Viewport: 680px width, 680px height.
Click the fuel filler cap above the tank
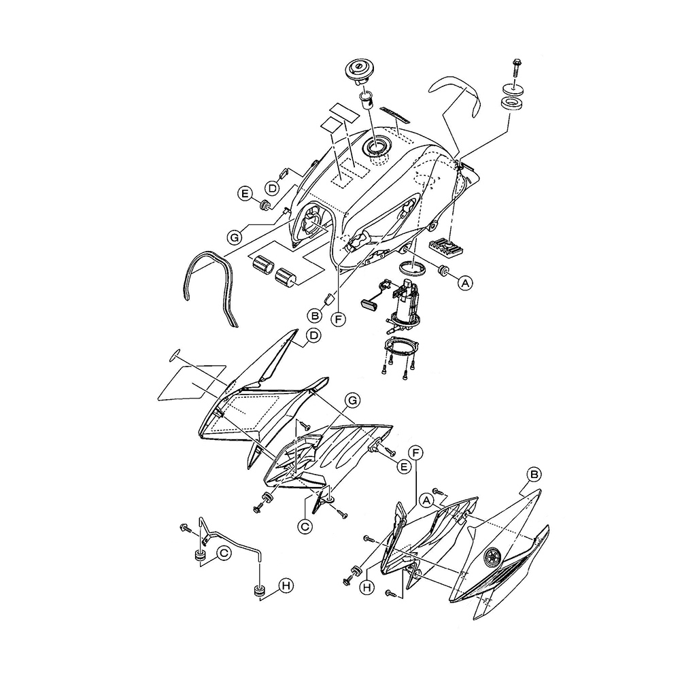(x=358, y=70)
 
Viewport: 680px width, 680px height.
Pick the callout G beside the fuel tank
(x=235, y=237)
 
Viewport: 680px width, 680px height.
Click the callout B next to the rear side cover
(x=535, y=473)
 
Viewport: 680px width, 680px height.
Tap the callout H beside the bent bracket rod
(x=288, y=585)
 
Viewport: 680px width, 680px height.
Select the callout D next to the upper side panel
(x=313, y=335)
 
